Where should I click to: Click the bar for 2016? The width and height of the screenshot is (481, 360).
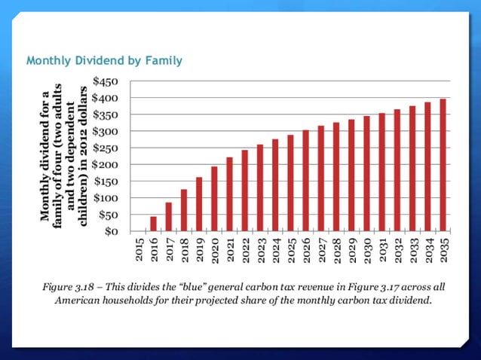pyautogui.click(x=154, y=224)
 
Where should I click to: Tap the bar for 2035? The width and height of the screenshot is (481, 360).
pyautogui.click(x=444, y=165)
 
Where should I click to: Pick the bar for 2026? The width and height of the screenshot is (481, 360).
pyautogui.click(x=306, y=181)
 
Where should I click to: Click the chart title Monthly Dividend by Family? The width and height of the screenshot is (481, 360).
pyautogui.click(x=105, y=59)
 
